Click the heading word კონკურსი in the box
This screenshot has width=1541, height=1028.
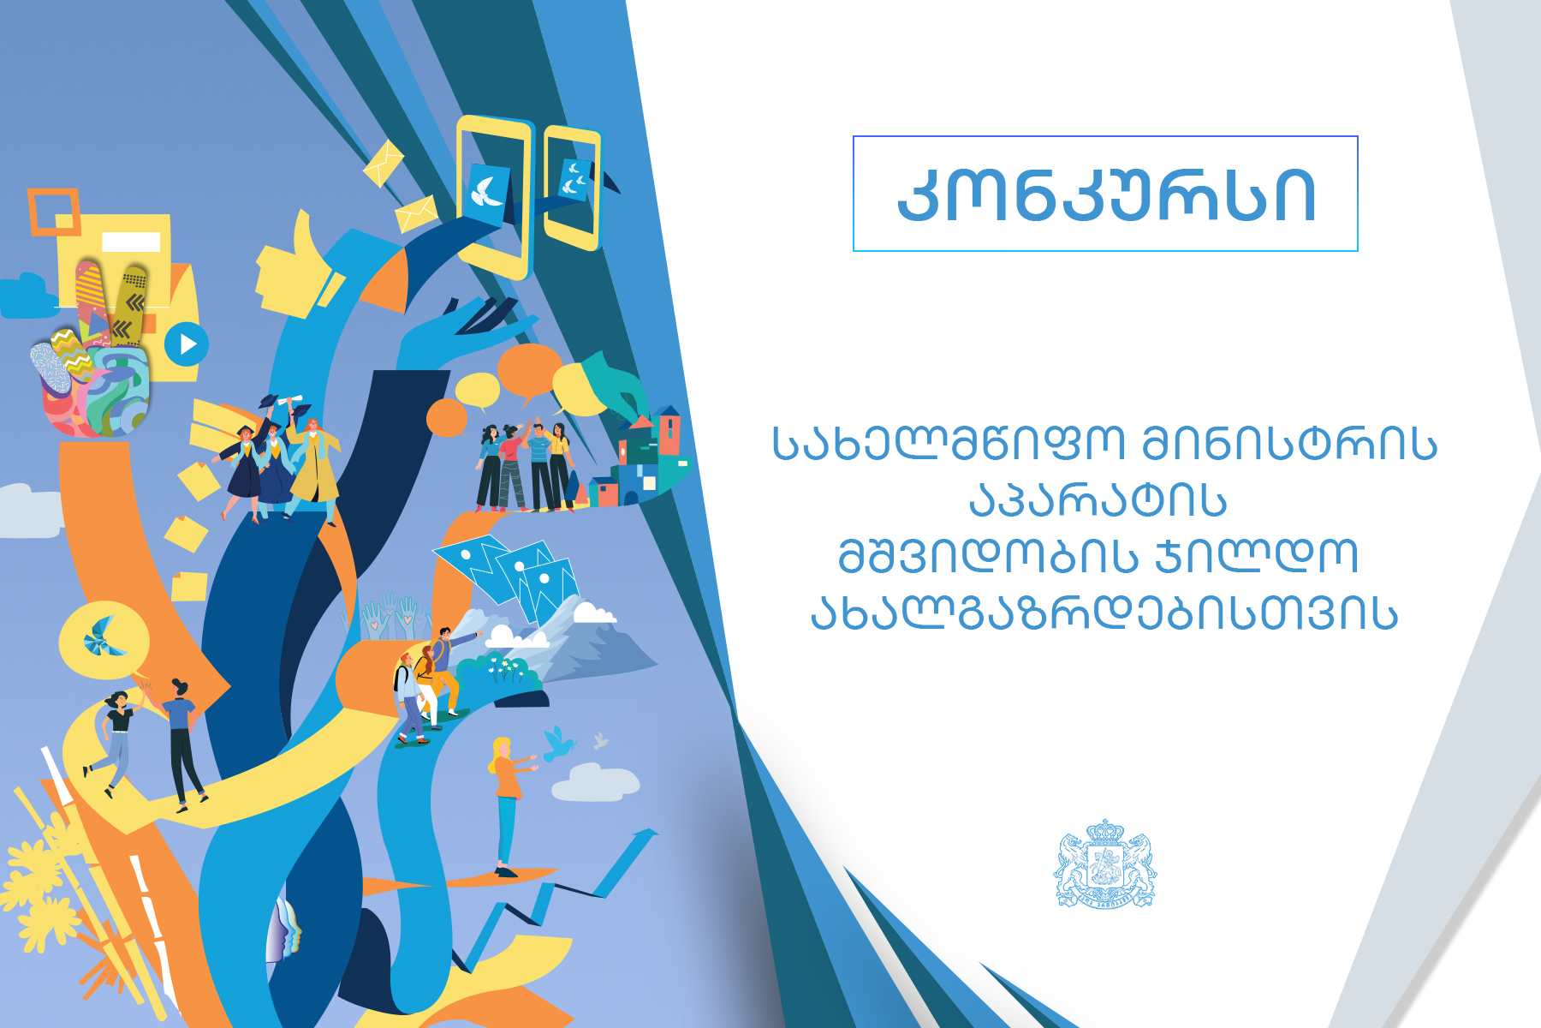1106,195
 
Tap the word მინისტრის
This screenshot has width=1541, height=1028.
1289,444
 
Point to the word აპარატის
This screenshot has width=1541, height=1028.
1098,499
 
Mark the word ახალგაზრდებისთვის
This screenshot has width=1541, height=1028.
1104,612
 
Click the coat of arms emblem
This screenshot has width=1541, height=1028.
1104,864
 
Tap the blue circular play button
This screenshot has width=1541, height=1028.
186,344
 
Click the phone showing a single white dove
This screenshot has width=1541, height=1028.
492,197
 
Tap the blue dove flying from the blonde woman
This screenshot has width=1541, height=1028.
558,744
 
